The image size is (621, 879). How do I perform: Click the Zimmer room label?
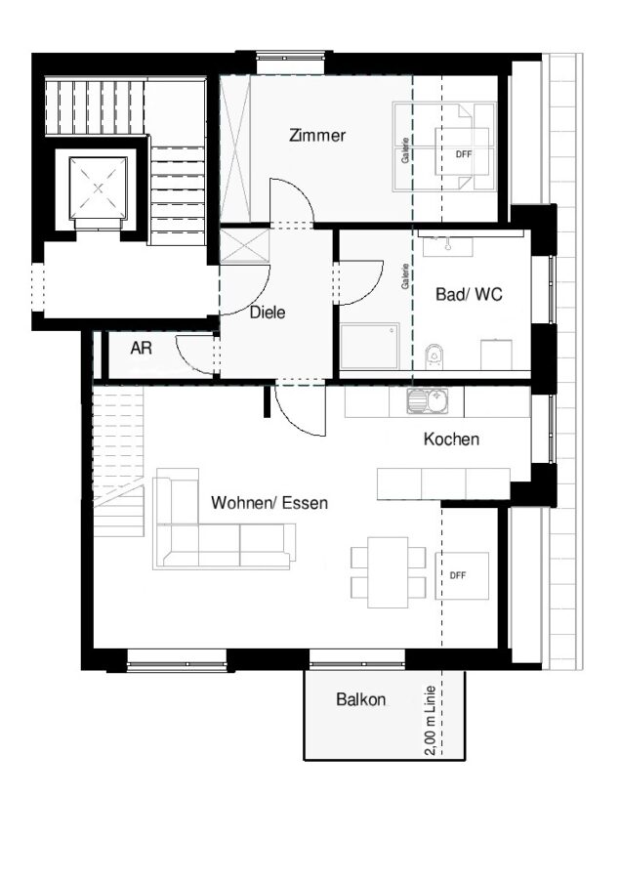317,135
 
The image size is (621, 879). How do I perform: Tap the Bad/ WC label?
469,294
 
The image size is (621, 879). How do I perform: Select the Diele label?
268,313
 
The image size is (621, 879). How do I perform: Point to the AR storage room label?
142,348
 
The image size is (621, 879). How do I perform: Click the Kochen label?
451,439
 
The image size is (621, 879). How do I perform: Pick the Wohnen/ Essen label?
269,502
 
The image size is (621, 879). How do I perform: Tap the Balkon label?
361,699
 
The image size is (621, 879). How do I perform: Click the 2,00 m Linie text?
431,721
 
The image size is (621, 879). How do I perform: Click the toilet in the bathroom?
435,356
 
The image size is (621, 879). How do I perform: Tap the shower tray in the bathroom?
370,346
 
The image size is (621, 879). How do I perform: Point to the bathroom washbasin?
448,244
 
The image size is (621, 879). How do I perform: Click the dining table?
388,572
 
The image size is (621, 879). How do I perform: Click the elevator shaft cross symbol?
99,188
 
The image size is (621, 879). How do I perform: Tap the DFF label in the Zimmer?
464,154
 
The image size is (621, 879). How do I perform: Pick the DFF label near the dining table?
458,575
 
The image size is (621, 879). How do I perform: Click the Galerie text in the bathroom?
404,276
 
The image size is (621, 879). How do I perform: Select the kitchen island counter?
443,483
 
